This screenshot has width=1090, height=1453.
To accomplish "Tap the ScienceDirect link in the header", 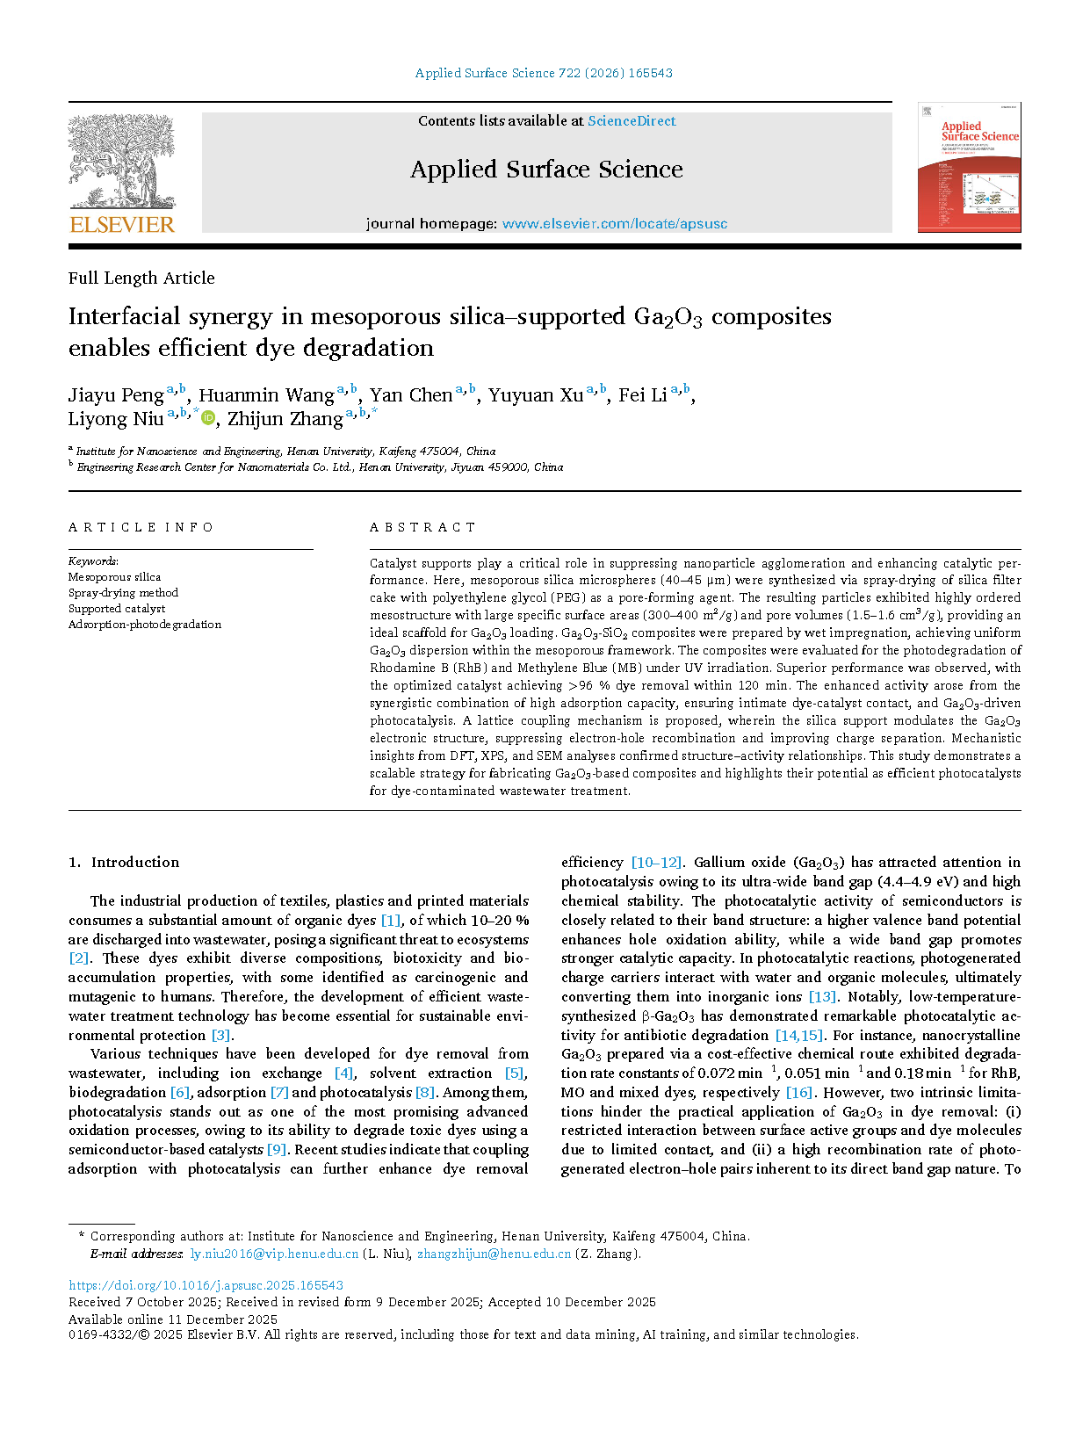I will click(632, 121).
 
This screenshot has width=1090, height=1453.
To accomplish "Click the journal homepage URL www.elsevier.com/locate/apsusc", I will click(614, 224).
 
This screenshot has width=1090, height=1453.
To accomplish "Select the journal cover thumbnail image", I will click(969, 168).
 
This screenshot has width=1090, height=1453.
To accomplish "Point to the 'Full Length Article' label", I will click(141, 278).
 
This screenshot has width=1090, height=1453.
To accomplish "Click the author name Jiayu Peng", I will click(116, 395).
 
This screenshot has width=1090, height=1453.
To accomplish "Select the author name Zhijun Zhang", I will click(285, 419).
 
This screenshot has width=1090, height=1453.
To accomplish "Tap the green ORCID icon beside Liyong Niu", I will click(208, 418).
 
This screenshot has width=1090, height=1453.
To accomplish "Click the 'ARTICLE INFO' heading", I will click(141, 527).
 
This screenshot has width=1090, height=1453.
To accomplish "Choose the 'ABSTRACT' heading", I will click(422, 527).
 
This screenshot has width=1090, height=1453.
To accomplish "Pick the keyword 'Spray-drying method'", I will click(123, 593).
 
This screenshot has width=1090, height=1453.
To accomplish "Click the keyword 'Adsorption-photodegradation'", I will click(145, 625).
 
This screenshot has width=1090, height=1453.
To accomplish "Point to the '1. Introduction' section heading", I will click(124, 863).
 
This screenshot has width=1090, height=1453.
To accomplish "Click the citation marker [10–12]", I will click(656, 863).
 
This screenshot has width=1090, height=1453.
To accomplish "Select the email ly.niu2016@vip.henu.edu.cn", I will click(274, 1254).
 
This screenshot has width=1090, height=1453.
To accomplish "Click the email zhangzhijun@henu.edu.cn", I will click(494, 1254).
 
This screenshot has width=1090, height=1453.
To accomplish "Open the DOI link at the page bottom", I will click(206, 1285).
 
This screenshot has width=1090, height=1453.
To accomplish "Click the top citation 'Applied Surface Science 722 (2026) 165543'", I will click(544, 73).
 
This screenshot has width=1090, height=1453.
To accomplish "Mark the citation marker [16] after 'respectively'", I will click(798, 1093).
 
